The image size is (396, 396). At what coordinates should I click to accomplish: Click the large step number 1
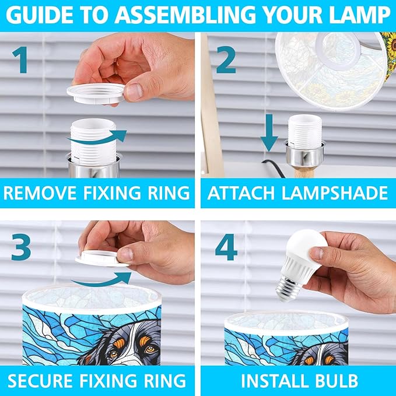point(20,60)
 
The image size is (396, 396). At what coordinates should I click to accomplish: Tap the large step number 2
point(226,60)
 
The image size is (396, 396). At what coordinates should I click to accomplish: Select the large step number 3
point(21,247)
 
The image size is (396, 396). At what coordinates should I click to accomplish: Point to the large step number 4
point(226,247)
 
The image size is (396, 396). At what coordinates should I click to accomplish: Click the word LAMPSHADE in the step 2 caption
point(334,193)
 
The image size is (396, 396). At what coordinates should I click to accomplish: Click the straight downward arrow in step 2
point(269,133)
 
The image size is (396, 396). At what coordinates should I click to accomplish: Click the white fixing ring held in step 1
point(96,94)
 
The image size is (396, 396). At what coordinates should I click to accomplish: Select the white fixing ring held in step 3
point(101,258)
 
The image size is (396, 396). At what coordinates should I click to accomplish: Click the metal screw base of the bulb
point(289,289)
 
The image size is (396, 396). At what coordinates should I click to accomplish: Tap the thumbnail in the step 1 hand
point(134,92)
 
